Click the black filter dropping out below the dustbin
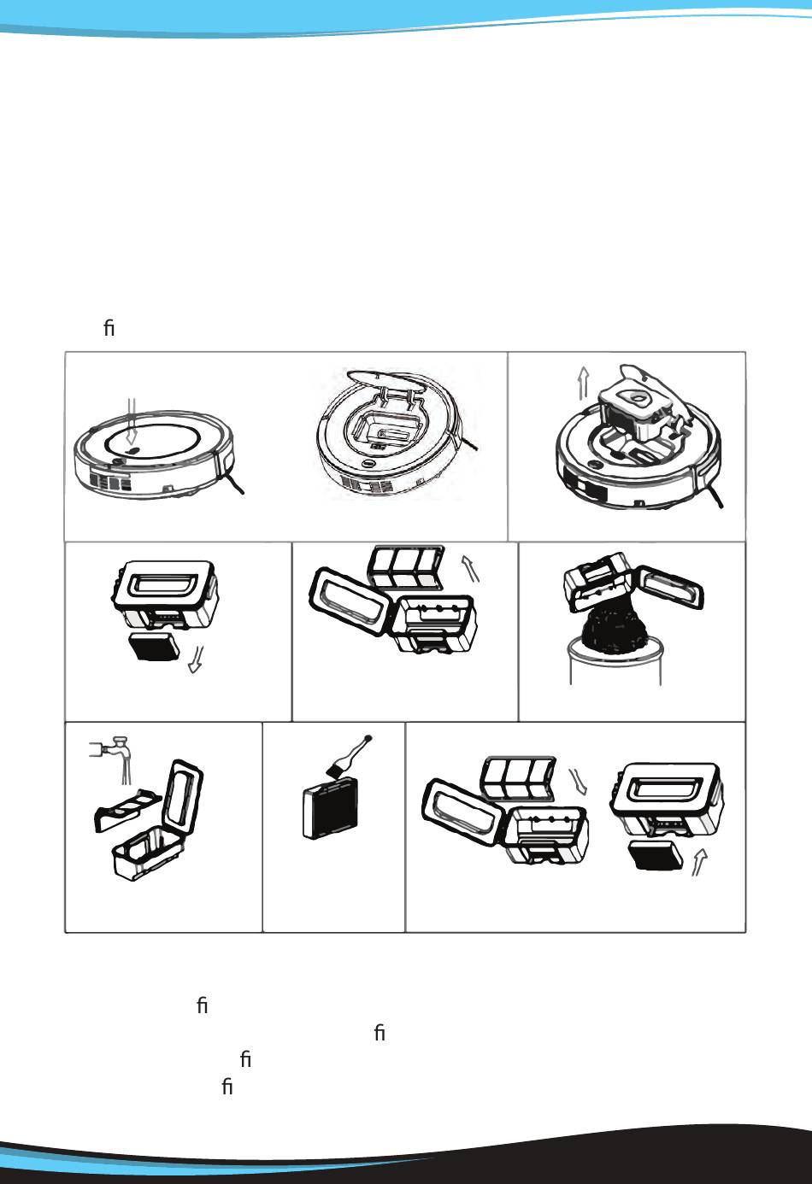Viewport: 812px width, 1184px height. (155, 647)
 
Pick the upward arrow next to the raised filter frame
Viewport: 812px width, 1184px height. (471, 568)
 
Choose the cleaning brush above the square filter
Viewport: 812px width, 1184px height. (349, 753)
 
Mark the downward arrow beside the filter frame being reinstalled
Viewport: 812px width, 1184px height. (580, 780)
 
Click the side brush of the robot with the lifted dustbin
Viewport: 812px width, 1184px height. (714, 493)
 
